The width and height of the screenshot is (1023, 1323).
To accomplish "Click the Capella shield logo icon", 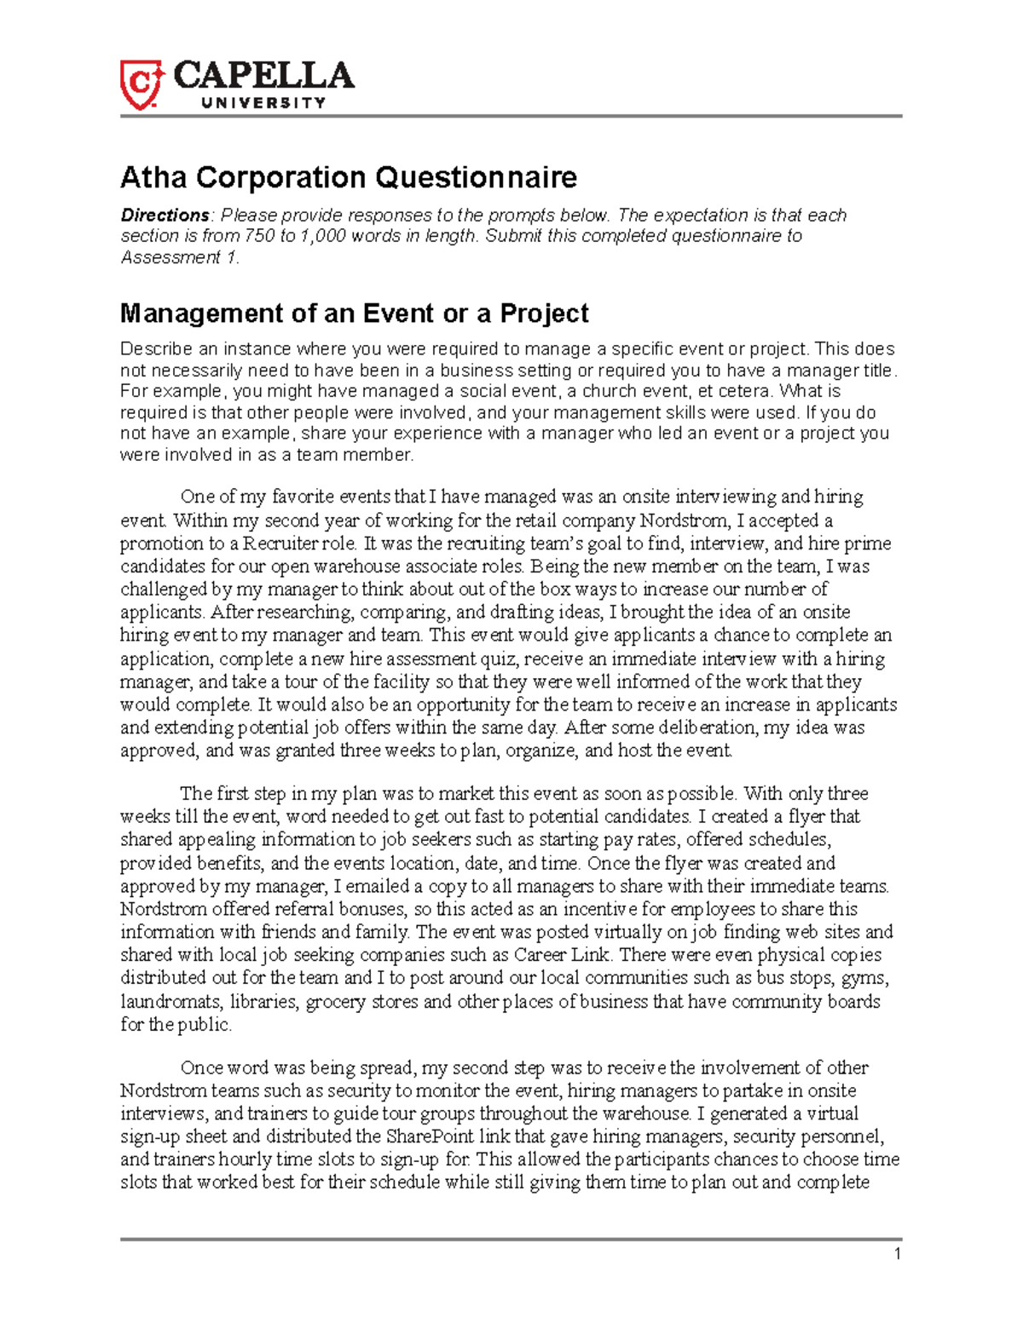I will pyautogui.click(x=140, y=84).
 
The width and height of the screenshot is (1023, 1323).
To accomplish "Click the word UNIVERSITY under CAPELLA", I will pyautogui.click(x=263, y=103).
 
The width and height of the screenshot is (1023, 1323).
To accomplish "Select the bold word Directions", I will pyautogui.click(x=165, y=215).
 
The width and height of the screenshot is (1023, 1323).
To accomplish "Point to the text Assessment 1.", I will pyautogui.click(x=180, y=257).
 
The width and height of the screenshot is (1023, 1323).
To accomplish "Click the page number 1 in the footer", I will pyautogui.click(x=897, y=1253).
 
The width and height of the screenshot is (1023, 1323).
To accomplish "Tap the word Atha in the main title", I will pyautogui.click(x=154, y=177).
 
